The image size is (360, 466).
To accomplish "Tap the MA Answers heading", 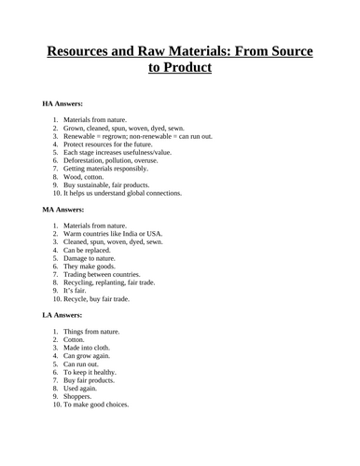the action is point(64,211).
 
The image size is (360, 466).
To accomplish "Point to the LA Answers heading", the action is point(63,317).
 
